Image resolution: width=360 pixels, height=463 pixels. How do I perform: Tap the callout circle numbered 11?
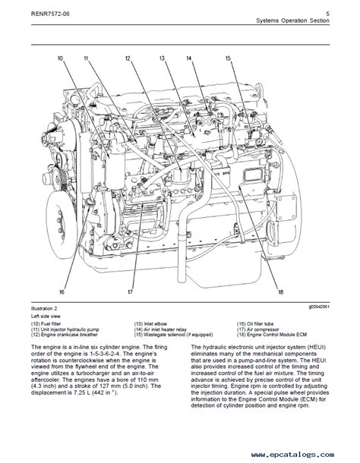86,58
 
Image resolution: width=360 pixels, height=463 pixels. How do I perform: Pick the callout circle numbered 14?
190,58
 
